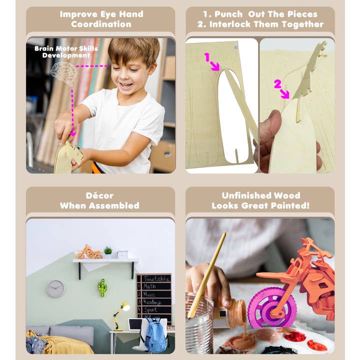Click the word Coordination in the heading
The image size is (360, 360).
[101, 24]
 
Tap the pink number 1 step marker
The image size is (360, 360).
[207, 57]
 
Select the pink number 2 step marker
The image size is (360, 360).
[277, 84]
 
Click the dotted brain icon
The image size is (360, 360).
[63, 73]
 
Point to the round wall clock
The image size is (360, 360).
[55, 288]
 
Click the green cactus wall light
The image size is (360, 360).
[102, 287]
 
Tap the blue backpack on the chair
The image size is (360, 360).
[156, 335]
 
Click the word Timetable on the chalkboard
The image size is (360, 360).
[157, 278]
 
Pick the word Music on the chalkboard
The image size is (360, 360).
[149, 294]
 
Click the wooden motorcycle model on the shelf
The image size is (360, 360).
[89, 252]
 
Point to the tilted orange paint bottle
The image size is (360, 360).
[232, 313]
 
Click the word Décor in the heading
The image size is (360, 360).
[99, 195]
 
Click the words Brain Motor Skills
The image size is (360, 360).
[66, 48]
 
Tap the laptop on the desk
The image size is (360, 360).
[135, 324]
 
